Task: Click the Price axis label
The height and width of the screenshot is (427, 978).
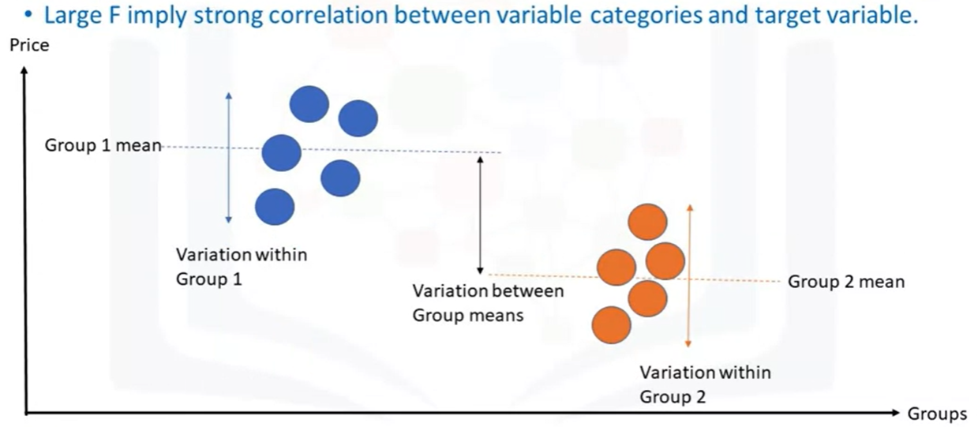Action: [x=29, y=46]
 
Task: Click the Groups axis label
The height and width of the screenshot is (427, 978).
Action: [x=937, y=414]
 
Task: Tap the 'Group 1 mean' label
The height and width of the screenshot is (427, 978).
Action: [x=103, y=145]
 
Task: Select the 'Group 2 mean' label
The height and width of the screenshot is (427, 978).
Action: [x=846, y=282]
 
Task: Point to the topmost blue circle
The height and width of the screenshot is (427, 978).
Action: [x=309, y=104]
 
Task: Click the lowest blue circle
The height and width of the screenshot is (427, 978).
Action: [x=275, y=207]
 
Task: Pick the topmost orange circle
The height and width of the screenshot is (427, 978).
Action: [x=647, y=222]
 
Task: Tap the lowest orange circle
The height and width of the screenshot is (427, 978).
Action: [x=611, y=325]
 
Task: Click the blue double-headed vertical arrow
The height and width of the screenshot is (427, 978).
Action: [x=228, y=158]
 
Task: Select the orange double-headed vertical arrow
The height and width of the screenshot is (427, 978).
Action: [x=689, y=276]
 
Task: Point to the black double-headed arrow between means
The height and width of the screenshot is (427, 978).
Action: [x=480, y=215]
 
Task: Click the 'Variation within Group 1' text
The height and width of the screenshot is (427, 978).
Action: [x=242, y=267]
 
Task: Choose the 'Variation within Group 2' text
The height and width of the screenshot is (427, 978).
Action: [x=705, y=384]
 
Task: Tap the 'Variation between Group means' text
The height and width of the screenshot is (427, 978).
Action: [x=488, y=303]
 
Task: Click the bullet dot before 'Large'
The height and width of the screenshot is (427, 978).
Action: [x=28, y=15]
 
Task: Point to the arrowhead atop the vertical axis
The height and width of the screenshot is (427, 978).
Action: [x=24, y=71]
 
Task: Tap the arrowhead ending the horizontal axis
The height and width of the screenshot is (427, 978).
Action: [x=895, y=413]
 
